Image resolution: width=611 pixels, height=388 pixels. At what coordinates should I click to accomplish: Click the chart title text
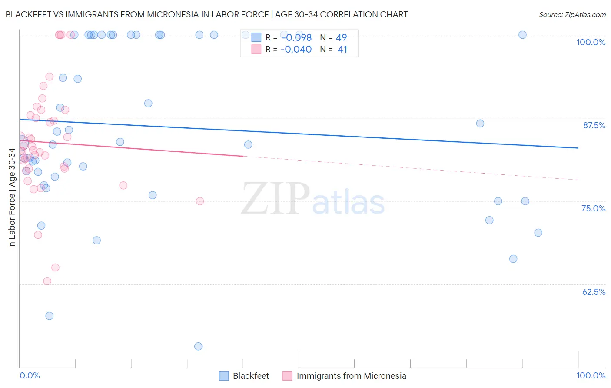point(206,14)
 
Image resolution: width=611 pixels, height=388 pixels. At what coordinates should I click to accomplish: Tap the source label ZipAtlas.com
point(572,15)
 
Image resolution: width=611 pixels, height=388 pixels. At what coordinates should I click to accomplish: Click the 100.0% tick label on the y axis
point(591,42)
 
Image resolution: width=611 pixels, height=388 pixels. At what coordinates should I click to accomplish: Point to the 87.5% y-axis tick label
point(594,125)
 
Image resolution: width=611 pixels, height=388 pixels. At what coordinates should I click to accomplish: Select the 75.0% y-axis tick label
point(593,208)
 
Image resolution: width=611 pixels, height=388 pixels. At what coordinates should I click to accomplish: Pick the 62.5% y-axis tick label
point(594,292)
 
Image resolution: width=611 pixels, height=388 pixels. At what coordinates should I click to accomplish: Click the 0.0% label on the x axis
point(30,375)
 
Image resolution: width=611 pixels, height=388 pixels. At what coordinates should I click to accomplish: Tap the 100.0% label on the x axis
point(591,375)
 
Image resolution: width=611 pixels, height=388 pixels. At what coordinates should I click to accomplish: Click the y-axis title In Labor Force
point(12,198)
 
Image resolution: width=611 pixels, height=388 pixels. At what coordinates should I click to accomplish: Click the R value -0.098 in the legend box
point(296,38)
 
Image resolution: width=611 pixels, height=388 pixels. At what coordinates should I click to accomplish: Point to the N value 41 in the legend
point(342,50)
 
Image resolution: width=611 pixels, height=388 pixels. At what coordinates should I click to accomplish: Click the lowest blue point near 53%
point(198,346)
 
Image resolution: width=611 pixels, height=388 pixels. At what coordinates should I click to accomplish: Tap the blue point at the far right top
point(522,35)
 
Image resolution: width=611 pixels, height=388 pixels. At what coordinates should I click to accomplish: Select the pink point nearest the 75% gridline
point(200,201)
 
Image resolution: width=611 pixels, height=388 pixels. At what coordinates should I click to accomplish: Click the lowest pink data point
point(47,281)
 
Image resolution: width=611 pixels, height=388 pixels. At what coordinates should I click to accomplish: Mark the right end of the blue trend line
point(578,148)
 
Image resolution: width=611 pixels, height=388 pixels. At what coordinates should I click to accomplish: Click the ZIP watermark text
point(276,198)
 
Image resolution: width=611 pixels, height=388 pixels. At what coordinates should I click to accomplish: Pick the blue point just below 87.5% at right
point(480,124)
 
